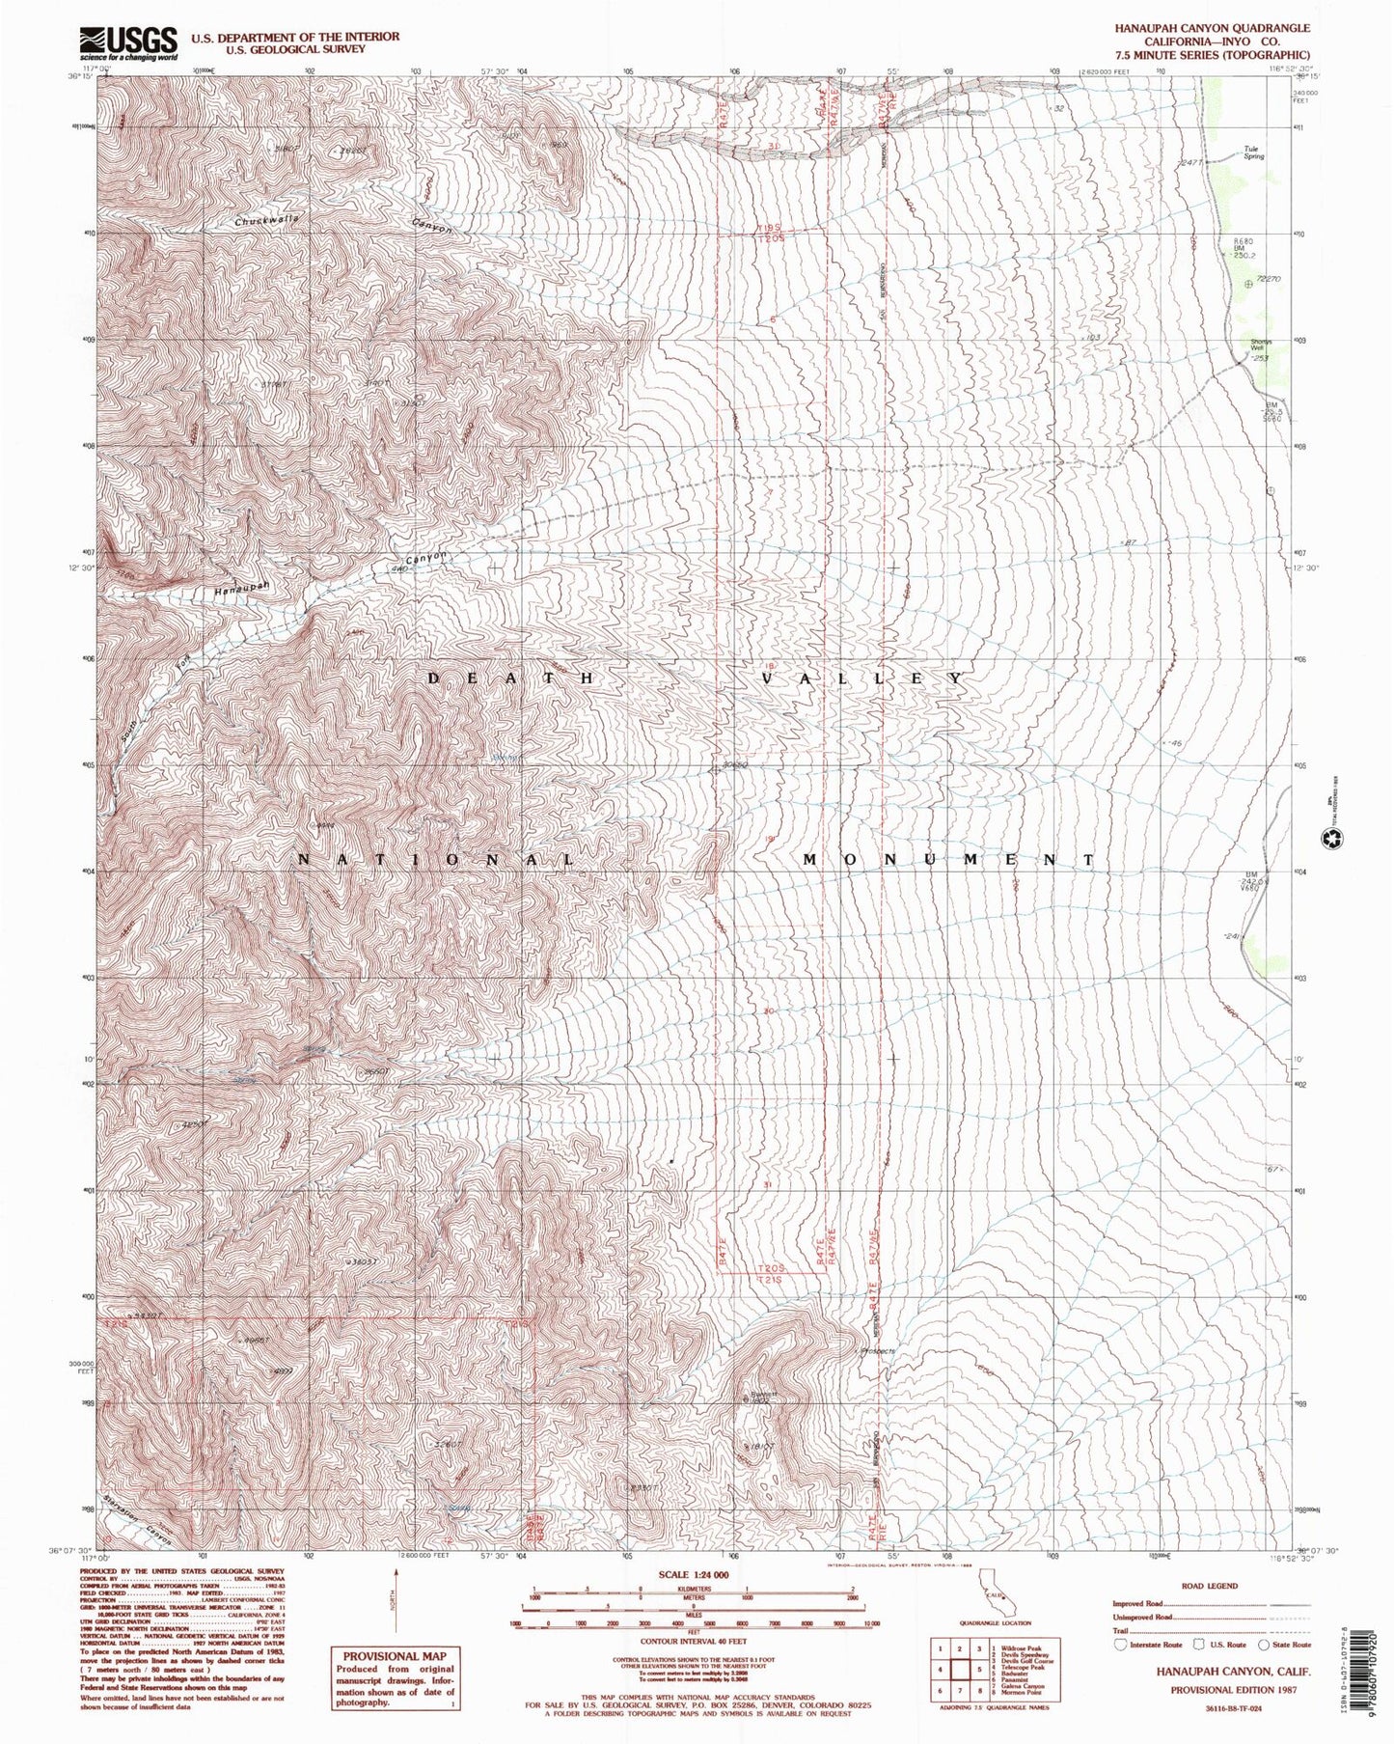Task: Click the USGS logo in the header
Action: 130,42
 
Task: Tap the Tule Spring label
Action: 1253,152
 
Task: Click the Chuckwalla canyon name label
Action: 267,219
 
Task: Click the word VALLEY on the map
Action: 861,678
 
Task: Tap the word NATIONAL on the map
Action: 435,859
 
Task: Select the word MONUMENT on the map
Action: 949,859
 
